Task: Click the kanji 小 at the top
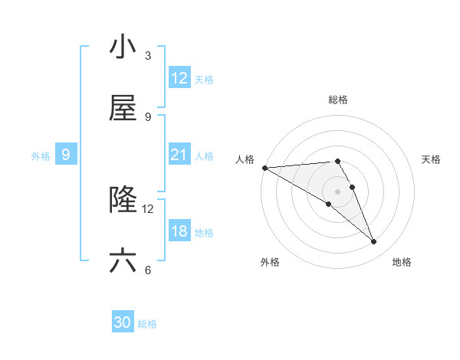123,47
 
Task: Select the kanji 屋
123,109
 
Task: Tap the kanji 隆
123,201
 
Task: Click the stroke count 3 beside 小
148,56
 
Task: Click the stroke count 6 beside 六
148,270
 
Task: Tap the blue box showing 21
179,155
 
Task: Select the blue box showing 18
179,232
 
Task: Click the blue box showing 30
123,323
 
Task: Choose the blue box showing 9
66,155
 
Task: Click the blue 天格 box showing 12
179,79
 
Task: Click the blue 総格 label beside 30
148,324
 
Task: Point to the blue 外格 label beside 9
41,156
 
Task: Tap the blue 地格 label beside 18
204,233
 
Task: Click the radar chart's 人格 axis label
245,159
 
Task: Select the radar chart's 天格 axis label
432,159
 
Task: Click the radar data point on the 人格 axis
264,168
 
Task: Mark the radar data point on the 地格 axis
374,242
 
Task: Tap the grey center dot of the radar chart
338,191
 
